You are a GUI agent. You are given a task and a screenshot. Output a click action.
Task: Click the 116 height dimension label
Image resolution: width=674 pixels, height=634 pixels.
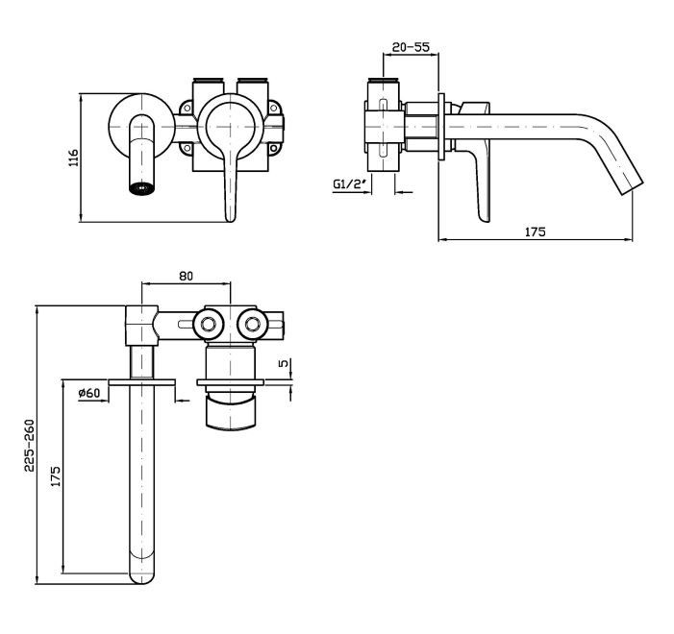coord(74,158)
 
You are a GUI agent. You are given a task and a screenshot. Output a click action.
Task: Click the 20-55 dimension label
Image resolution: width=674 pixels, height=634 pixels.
coord(411,47)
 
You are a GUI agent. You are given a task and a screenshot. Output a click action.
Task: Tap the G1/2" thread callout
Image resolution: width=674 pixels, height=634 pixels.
coord(350,183)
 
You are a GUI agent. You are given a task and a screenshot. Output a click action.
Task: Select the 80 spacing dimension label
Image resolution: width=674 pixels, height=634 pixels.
coord(186,276)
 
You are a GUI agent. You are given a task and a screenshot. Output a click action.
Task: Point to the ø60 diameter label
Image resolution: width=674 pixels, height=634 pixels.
coord(89,393)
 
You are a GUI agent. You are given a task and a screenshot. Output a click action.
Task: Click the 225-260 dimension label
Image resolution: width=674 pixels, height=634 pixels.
coord(29,446)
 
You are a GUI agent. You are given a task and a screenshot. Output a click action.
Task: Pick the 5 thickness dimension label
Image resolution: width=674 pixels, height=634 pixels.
coord(285,363)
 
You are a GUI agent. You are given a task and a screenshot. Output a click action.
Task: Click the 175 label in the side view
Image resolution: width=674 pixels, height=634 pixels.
coord(536,232)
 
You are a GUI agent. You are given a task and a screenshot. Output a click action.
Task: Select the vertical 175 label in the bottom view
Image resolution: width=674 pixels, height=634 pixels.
coord(56,475)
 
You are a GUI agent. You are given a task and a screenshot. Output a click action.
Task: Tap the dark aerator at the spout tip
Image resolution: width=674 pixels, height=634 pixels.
coord(142,188)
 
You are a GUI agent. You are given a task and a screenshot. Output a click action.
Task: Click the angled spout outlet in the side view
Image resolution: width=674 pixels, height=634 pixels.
coord(631,187)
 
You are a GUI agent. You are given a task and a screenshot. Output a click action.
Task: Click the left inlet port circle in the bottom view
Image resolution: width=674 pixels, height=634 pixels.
coord(208,325)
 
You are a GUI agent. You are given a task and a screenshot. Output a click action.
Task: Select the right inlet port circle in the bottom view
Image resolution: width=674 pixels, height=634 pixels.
coord(253,325)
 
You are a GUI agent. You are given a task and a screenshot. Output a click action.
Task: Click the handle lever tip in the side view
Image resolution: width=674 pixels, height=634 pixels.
coord(485,216)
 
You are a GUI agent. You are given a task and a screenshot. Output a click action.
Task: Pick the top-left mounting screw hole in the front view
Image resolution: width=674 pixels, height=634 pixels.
coord(187,108)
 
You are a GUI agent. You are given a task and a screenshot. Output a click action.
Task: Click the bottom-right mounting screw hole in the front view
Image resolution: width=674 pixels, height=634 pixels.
coord(273,149)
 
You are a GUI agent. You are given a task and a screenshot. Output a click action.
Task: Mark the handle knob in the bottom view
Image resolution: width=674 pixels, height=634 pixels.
coord(232,412)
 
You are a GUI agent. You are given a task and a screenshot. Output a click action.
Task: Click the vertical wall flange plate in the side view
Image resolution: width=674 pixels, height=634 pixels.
coord(441,127)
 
